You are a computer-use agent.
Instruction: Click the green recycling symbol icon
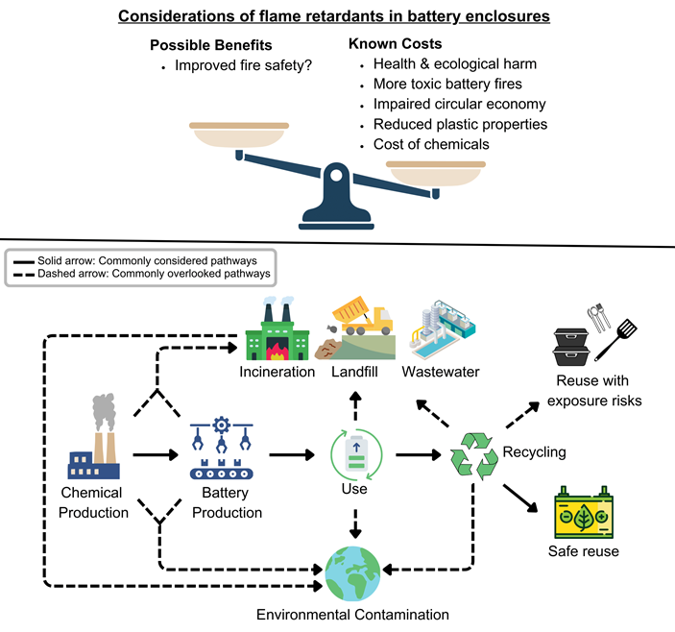(473, 454)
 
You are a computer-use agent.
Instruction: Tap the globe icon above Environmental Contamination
(353, 572)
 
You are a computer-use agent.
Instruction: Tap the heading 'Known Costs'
(397, 45)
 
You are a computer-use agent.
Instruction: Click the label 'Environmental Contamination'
(353, 615)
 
